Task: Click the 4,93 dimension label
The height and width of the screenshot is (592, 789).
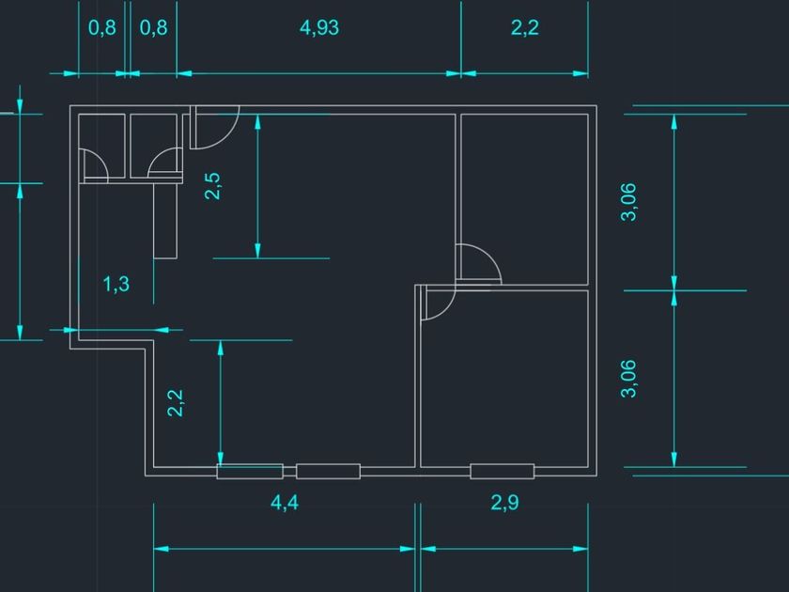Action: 319,27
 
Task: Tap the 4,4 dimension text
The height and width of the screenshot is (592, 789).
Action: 285,503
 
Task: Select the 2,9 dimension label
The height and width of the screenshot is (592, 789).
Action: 504,503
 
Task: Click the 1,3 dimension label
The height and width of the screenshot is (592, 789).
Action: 116,284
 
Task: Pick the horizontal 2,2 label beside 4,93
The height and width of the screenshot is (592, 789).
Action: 524,27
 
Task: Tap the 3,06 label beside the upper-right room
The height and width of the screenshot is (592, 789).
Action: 629,201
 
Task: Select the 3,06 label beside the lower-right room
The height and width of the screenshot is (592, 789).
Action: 629,379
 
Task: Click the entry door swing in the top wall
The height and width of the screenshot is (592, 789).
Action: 212,129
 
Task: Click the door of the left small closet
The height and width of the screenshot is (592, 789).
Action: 94,165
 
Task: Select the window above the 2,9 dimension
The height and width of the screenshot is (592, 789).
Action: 502,472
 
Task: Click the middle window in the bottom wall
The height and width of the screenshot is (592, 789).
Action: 328,472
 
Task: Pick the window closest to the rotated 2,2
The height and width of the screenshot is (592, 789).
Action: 249,472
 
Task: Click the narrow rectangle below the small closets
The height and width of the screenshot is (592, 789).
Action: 165,220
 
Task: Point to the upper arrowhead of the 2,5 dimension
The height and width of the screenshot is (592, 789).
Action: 257,123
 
